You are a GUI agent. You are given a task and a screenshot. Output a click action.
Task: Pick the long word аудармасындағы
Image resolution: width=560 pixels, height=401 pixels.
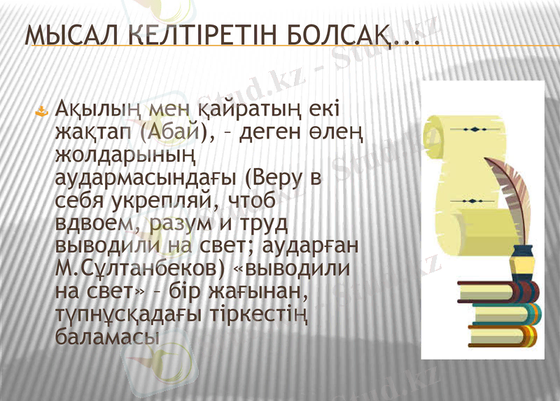coord(143,177)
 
